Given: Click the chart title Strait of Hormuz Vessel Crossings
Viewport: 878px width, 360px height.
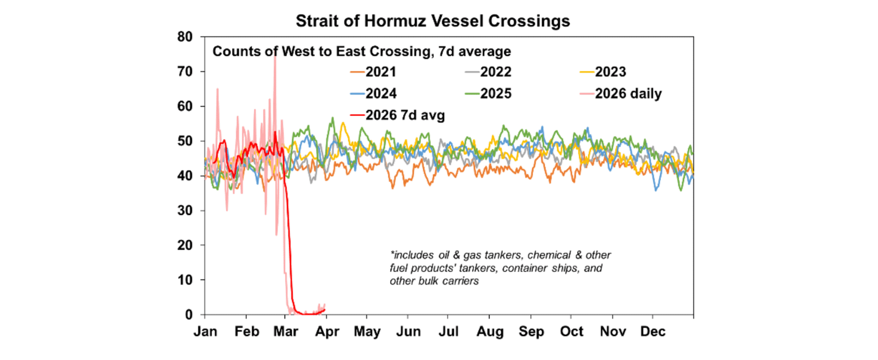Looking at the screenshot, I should (433, 21).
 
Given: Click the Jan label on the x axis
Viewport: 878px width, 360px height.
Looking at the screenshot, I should (205, 332).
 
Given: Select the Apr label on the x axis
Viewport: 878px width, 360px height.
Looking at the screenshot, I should (327, 332).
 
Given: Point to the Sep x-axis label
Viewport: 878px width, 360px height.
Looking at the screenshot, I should (531, 332).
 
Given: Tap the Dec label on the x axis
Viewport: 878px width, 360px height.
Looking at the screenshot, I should (653, 332).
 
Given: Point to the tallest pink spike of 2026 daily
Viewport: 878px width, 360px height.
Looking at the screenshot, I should (275, 57).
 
